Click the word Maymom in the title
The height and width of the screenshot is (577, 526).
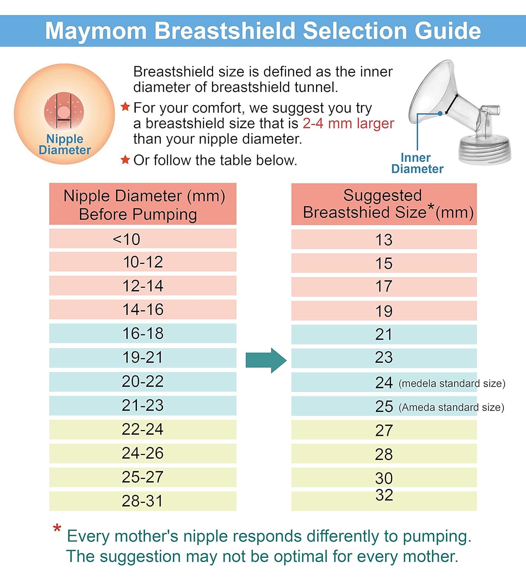[96, 31]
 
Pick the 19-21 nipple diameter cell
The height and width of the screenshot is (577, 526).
[143, 358]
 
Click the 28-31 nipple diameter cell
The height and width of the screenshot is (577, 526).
[143, 501]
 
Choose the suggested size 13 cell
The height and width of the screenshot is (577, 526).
[384, 240]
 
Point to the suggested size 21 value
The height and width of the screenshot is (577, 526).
[384, 334]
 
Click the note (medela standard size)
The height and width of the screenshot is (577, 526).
[452, 384]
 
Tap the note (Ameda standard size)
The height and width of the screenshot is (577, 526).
[451, 407]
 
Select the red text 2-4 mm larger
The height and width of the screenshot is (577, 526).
[348, 123]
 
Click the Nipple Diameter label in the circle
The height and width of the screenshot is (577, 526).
[65, 145]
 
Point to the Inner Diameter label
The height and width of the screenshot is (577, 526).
[417, 163]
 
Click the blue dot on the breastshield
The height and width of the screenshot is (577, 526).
[440, 113]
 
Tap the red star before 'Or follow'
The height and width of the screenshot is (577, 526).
[125, 160]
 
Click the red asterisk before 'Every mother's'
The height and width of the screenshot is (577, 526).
[57, 529]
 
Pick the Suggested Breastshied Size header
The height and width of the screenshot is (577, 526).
[384, 204]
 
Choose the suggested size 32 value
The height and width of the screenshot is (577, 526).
[384, 495]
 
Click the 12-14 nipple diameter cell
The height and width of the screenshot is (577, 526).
[143, 286]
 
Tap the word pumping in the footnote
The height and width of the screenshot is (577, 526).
[436, 536]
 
